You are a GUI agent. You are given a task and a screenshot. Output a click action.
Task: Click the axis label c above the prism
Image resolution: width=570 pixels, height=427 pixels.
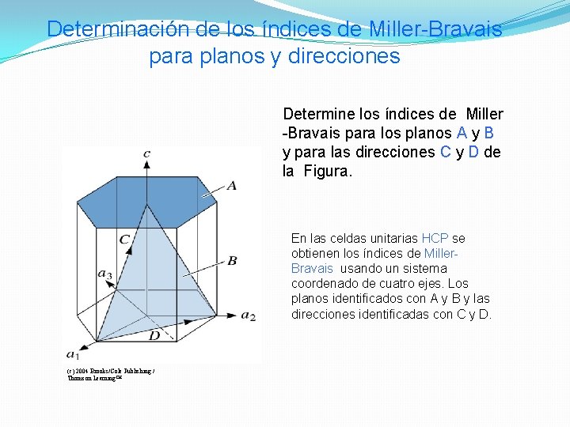(x=147, y=153)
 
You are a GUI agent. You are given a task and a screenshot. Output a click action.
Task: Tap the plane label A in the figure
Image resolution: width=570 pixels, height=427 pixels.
(x=231, y=185)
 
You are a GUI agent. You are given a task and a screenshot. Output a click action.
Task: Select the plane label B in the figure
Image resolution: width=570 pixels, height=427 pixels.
(x=231, y=260)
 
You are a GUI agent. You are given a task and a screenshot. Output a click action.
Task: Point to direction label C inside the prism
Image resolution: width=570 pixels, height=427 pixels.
(x=125, y=239)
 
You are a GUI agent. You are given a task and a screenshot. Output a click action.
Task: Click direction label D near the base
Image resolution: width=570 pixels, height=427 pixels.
(x=154, y=336)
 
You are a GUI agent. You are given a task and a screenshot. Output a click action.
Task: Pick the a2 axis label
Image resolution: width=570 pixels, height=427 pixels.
(x=249, y=316)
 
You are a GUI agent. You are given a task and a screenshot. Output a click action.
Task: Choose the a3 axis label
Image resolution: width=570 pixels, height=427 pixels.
(x=104, y=274)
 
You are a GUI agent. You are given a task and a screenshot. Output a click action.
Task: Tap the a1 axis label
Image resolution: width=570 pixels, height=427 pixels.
(x=72, y=353)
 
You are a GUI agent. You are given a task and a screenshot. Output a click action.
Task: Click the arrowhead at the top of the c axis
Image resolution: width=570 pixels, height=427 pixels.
(x=147, y=164)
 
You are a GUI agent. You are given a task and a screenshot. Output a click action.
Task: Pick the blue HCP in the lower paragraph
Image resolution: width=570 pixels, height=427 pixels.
(x=435, y=238)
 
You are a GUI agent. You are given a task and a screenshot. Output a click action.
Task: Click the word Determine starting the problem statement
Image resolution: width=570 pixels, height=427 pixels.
(x=320, y=115)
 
